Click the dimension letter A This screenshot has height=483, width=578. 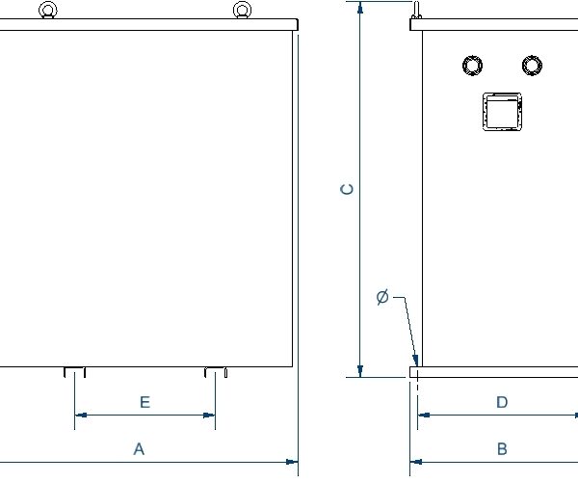coord(139,449)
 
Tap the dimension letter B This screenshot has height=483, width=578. coord(502,449)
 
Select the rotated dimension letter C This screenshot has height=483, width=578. coord(347,189)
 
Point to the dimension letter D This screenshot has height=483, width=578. coord(502,402)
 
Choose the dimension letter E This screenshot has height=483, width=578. coord(145,402)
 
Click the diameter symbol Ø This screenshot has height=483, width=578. coord(382,297)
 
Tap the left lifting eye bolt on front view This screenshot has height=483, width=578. coord(48,10)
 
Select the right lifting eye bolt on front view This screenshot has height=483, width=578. coord(242,10)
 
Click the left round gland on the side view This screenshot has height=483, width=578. coord(473,66)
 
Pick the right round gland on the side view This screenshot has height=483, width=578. coord(532,66)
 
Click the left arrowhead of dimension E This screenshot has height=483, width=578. coord(81,416)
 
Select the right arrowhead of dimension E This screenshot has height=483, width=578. coord(209,416)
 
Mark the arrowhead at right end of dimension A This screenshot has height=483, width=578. coord(292,462)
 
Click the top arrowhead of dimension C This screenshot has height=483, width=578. coord(360,8)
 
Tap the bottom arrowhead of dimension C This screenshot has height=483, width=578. coord(360,371)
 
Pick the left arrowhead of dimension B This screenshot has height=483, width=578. coord(416,462)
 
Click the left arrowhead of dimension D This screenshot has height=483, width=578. coord(424,416)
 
